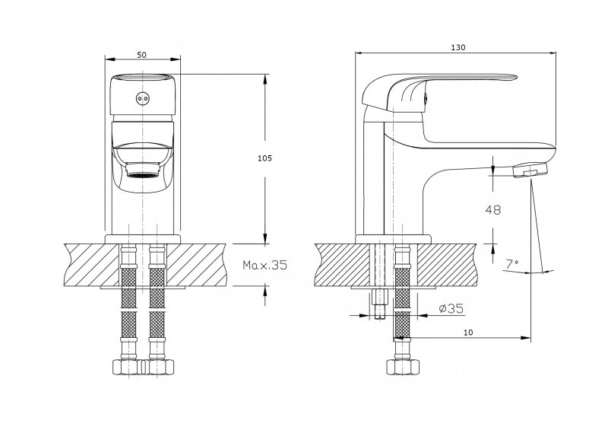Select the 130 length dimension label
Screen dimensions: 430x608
coord(458,47)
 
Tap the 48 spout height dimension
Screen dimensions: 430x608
coord(492,209)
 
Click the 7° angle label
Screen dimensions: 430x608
coord(512,264)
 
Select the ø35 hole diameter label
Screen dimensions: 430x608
coord(451,309)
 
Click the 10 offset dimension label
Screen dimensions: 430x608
coord(469,333)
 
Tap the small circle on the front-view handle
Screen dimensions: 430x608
coord(141,97)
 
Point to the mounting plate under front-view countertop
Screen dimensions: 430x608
coord(142,289)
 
